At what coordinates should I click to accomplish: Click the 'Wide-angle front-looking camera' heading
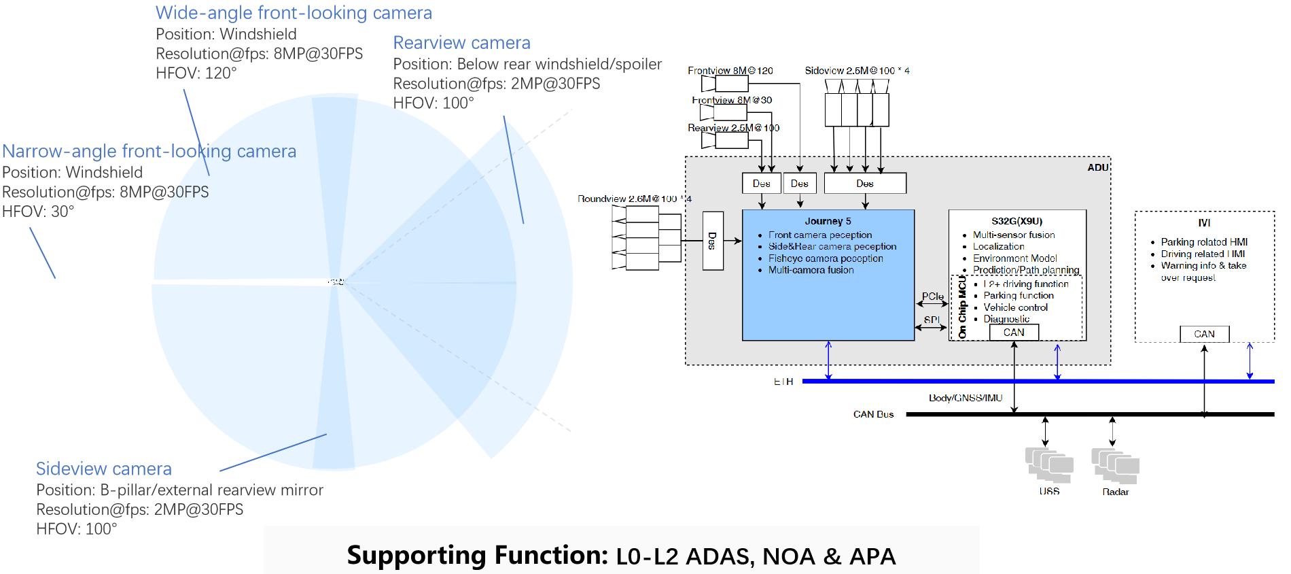(x=294, y=13)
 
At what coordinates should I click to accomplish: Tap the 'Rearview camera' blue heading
(x=461, y=43)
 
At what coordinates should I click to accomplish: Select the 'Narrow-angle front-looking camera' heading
(x=149, y=151)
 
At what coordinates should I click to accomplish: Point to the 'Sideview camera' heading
(x=103, y=469)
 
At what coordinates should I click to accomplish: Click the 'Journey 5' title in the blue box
(x=828, y=221)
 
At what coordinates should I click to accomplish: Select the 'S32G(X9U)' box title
(x=1016, y=221)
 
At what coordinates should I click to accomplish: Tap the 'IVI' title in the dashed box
(x=1204, y=223)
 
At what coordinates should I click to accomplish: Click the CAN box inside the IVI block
(x=1204, y=334)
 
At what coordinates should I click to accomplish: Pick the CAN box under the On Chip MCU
(x=1014, y=332)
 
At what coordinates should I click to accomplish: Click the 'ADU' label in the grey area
(x=1098, y=167)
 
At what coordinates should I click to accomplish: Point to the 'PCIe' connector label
(x=932, y=297)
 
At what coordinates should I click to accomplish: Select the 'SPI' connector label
(x=932, y=320)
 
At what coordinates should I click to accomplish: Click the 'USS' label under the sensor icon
(x=1049, y=491)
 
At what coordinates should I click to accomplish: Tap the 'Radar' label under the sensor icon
(x=1115, y=492)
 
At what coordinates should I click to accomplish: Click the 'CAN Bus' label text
(x=873, y=414)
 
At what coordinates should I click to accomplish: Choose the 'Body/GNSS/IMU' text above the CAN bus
(x=966, y=398)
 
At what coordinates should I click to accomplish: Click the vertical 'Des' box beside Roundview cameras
(x=713, y=241)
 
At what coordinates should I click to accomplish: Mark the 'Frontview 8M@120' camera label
(x=730, y=71)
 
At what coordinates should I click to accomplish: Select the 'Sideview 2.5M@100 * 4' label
(x=857, y=71)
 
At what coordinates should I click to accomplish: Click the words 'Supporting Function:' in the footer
(x=477, y=556)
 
